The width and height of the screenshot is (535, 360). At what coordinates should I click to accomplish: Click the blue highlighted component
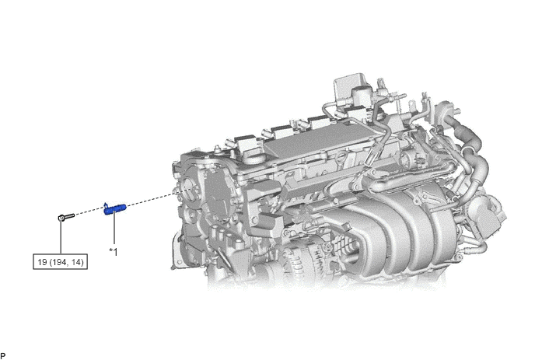(115, 209)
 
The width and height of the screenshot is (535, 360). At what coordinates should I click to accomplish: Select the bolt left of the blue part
(66, 216)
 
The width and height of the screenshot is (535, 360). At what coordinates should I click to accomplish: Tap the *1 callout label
(114, 252)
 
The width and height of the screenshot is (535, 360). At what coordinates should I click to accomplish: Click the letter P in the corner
(3, 356)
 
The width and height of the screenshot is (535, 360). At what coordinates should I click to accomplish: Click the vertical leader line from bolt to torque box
(61, 237)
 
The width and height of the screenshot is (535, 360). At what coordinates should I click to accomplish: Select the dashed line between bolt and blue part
(89, 212)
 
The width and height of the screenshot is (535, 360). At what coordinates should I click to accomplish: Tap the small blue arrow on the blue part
(106, 204)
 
